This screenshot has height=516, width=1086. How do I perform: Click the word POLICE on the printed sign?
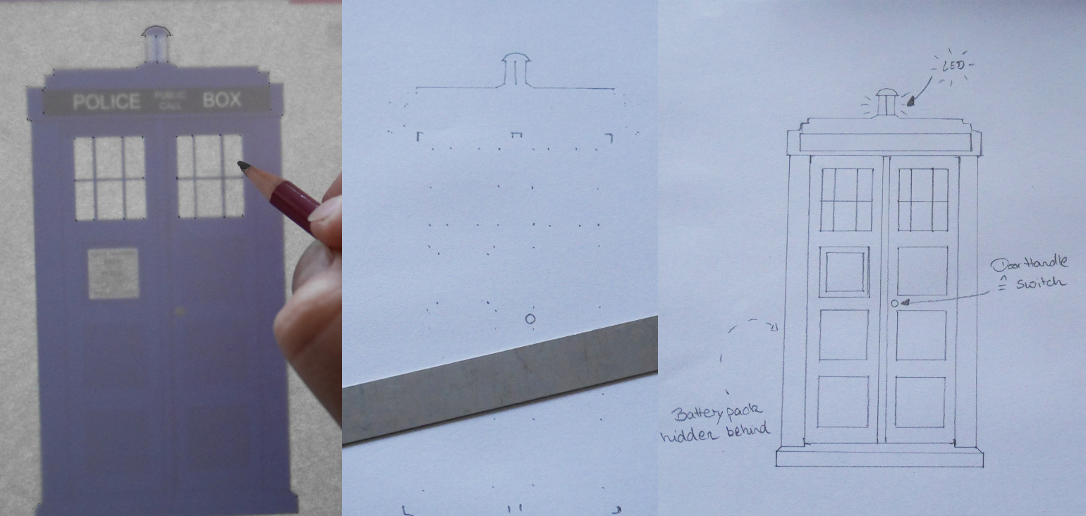[106, 102]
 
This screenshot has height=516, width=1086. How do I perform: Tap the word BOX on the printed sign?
[222, 100]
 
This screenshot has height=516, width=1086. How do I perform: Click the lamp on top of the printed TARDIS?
[156, 44]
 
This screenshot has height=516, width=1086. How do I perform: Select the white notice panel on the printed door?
[113, 273]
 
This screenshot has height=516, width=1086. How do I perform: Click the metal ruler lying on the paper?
[500, 381]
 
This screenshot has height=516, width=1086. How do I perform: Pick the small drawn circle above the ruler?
[531, 319]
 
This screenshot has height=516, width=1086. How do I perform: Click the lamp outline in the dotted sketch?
[515, 68]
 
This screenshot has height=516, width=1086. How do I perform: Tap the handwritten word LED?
[953, 67]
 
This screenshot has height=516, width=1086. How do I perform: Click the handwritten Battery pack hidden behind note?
[715, 422]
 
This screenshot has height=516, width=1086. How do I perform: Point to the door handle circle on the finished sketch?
[895, 303]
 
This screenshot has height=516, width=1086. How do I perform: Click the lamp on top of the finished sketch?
[886, 102]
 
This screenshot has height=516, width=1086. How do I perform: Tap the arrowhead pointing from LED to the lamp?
[911, 102]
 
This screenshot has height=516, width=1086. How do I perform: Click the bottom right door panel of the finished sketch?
[920, 401]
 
